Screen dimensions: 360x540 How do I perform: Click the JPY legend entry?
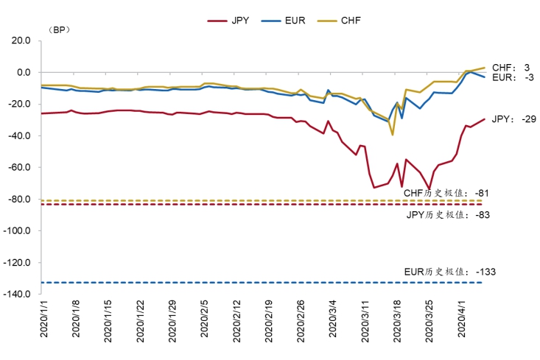[229, 21]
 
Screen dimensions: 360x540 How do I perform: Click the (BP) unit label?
[57, 30]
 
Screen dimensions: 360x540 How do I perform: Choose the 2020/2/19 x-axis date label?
[268, 319]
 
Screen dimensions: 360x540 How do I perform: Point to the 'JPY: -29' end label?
[508, 119]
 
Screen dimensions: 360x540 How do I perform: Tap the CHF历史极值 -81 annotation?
[446, 193]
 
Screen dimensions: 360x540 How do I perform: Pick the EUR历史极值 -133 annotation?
[450, 272]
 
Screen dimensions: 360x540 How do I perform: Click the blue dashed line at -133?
[221, 283]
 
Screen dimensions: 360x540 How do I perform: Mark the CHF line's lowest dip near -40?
[393, 135]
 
